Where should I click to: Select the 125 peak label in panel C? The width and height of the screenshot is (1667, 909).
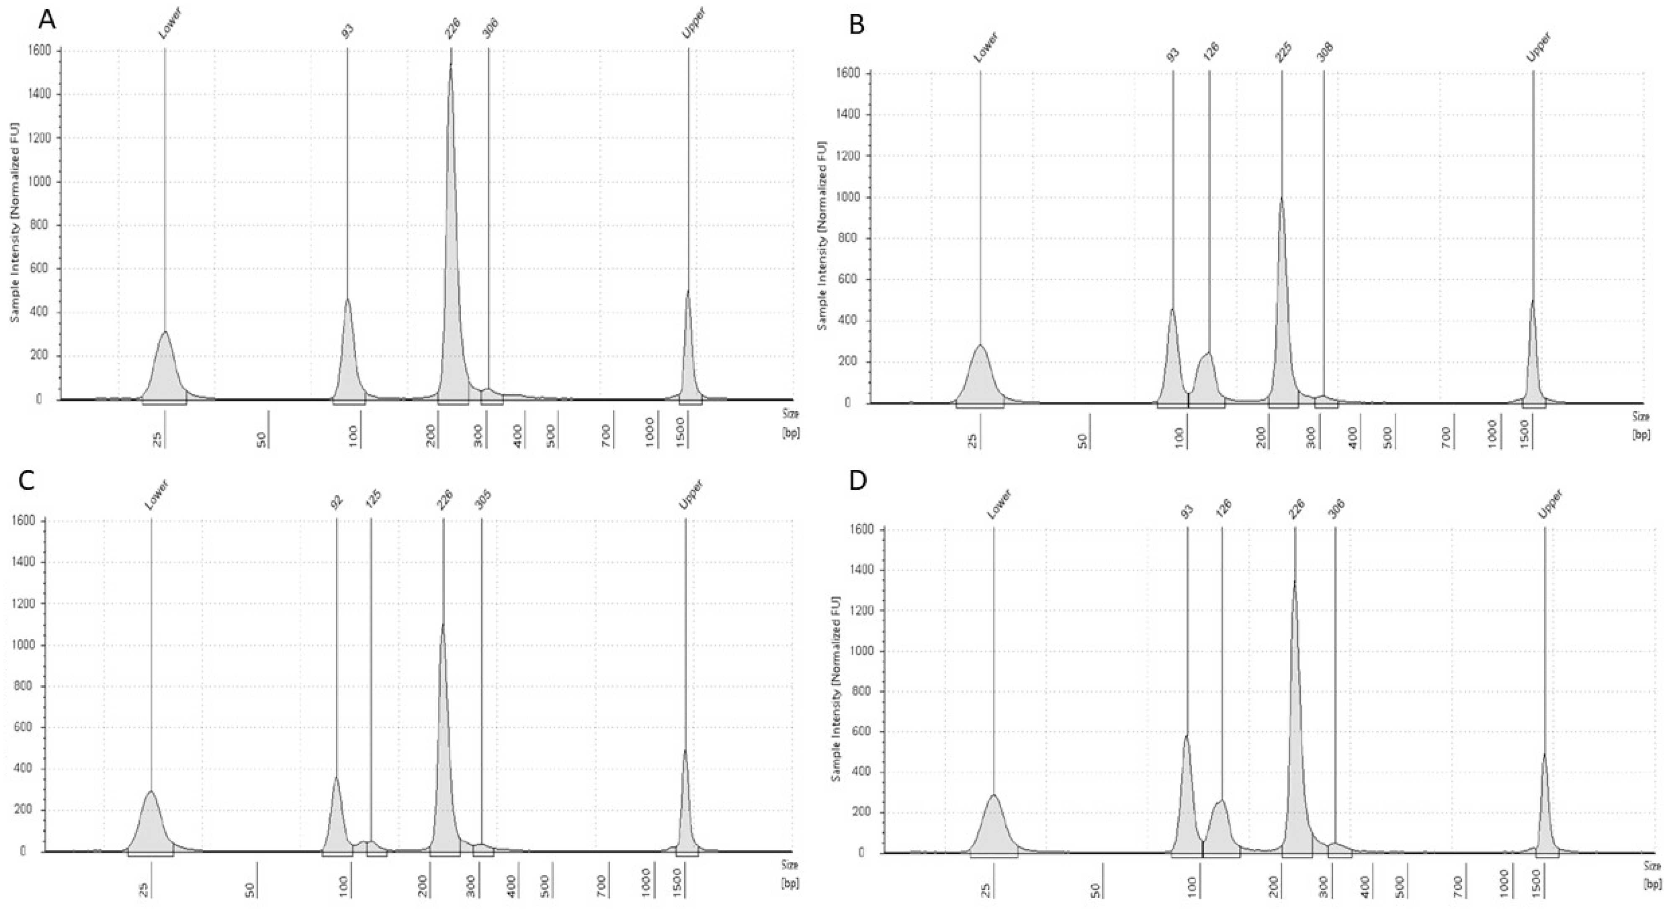373,498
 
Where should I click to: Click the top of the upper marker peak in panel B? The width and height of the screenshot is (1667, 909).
1532,301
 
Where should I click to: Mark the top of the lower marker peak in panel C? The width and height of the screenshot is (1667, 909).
151,791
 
